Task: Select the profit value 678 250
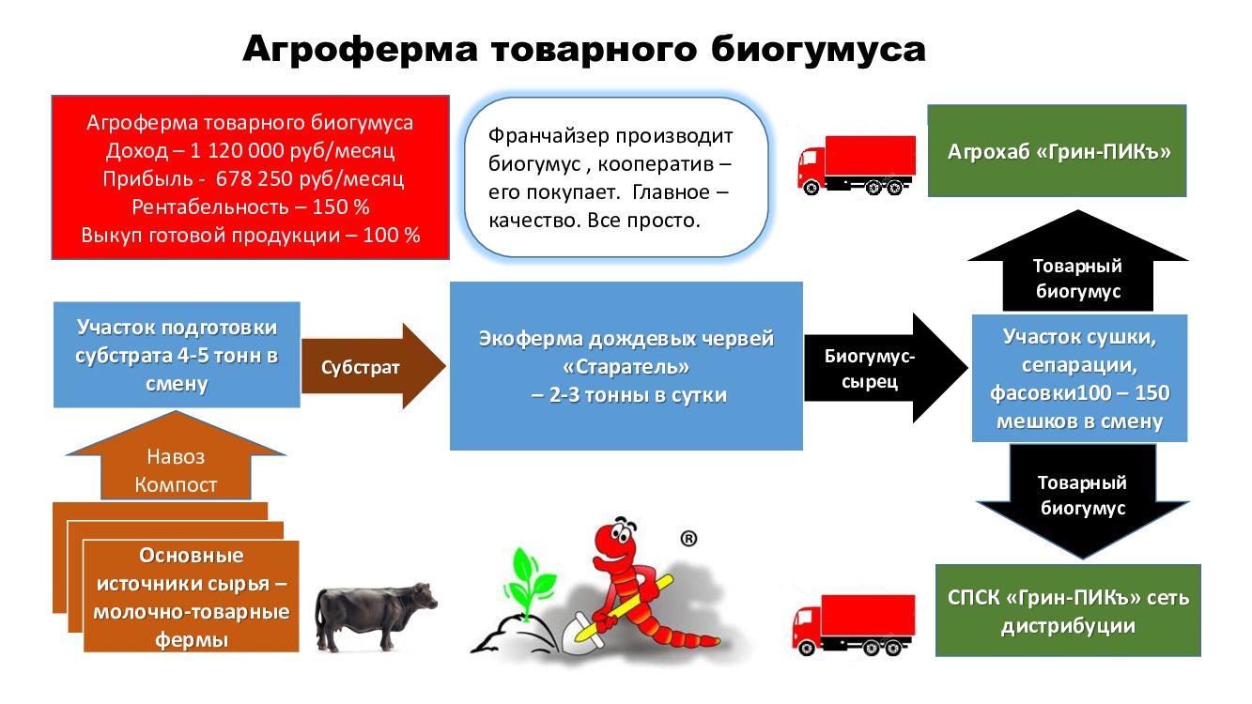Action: [x=255, y=178]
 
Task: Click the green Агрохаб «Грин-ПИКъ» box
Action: [x=1057, y=151]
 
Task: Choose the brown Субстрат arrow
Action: [x=374, y=366]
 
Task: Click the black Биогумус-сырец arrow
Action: [x=886, y=368]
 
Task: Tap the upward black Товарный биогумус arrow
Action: [x=1077, y=261]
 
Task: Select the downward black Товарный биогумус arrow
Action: [x=1083, y=501]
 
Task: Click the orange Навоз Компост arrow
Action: [x=176, y=455]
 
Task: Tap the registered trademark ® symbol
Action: [x=688, y=539]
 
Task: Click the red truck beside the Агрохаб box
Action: [x=856, y=164]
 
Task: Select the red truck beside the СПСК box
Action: [x=854, y=624]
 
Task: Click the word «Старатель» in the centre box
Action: [x=626, y=367]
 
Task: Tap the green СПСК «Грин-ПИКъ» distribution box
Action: [x=1068, y=611]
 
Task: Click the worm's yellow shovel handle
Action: [x=625, y=609]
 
